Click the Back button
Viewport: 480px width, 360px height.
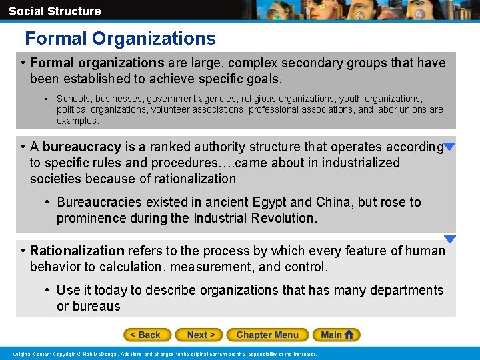(147, 335)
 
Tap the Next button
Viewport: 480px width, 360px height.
(200, 335)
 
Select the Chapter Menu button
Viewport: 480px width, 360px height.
(267, 335)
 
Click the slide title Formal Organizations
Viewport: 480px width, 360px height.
(120, 39)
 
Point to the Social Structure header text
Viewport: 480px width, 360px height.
(55, 11)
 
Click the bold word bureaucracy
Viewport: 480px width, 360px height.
(82, 147)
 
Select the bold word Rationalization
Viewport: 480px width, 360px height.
(77, 251)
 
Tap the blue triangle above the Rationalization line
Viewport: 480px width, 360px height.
(450, 239)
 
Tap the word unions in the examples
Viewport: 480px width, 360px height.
(414, 109)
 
